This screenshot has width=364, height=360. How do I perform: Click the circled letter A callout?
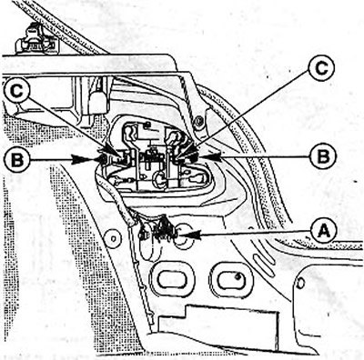(x=323, y=232)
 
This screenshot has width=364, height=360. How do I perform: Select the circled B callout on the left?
(x=17, y=159)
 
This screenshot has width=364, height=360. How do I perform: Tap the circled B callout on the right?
(x=323, y=156)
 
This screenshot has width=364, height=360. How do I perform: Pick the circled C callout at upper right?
(x=321, y=68)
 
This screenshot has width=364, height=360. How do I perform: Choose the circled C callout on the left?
(x=17, y=91)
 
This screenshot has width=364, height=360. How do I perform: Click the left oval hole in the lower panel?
(x=172, y=278)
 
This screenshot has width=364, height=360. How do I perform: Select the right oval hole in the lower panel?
(x=231, y=279)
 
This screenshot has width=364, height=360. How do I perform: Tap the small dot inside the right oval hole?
(x=238, y=275)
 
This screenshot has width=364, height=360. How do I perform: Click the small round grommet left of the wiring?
(x=113, y=238)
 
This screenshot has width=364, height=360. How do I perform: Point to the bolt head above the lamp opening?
(x=198, y=121)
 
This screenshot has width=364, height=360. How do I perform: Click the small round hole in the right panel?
(x=301, y=283)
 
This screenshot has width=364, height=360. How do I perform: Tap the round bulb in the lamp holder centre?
(x=159, y=178)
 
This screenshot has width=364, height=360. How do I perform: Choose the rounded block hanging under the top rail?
(x=98, y=102)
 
